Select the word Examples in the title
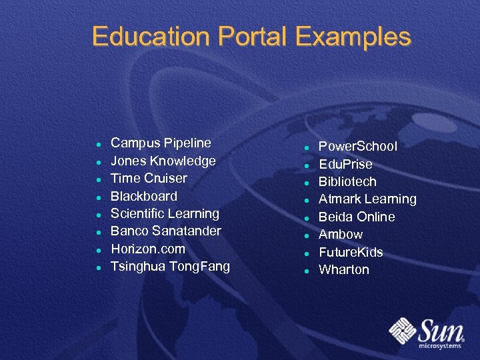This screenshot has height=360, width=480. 348,36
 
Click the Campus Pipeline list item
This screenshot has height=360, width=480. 161,143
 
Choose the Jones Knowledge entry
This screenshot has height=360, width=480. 163,161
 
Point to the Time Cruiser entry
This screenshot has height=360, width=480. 149,178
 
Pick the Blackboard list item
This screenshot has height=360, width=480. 144,196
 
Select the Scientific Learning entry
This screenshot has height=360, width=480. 165,213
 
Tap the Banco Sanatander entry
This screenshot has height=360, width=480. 166,231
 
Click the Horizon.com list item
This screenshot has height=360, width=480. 148,249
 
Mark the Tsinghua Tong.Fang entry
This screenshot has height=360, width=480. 170,267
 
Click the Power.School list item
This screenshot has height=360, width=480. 358,146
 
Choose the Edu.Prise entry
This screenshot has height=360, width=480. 345,164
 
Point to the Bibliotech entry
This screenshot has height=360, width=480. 347,181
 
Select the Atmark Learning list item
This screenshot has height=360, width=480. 367,199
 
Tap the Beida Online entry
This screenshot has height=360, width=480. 357,217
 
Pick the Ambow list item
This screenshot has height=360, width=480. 341,234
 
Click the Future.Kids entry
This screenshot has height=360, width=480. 351,252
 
